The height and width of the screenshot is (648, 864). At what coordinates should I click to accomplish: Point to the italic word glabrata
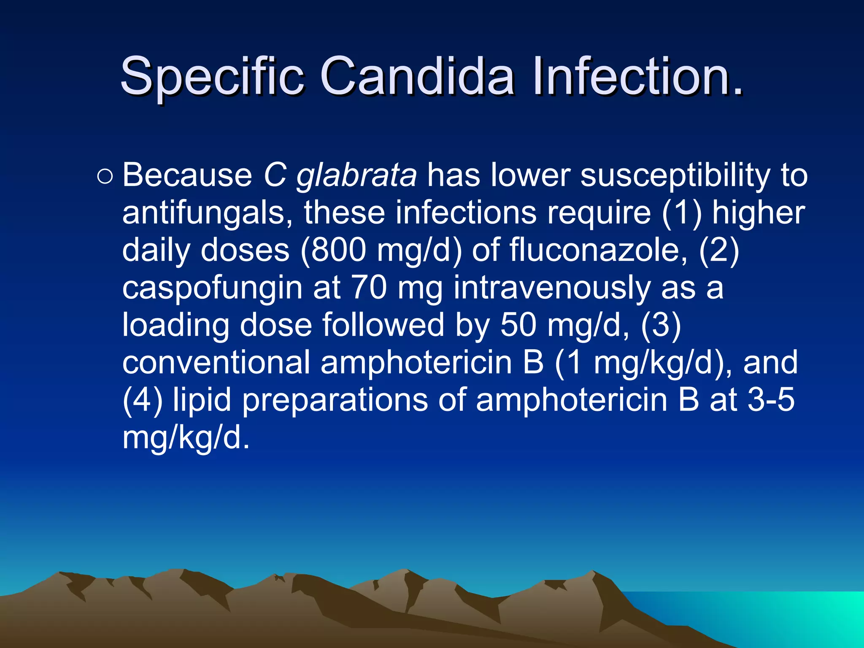356,175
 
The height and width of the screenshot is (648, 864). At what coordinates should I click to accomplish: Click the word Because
187,175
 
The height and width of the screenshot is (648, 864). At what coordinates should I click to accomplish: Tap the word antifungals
207,213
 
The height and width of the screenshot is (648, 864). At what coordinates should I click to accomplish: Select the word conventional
216,362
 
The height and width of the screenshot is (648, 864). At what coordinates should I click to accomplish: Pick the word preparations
335,401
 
